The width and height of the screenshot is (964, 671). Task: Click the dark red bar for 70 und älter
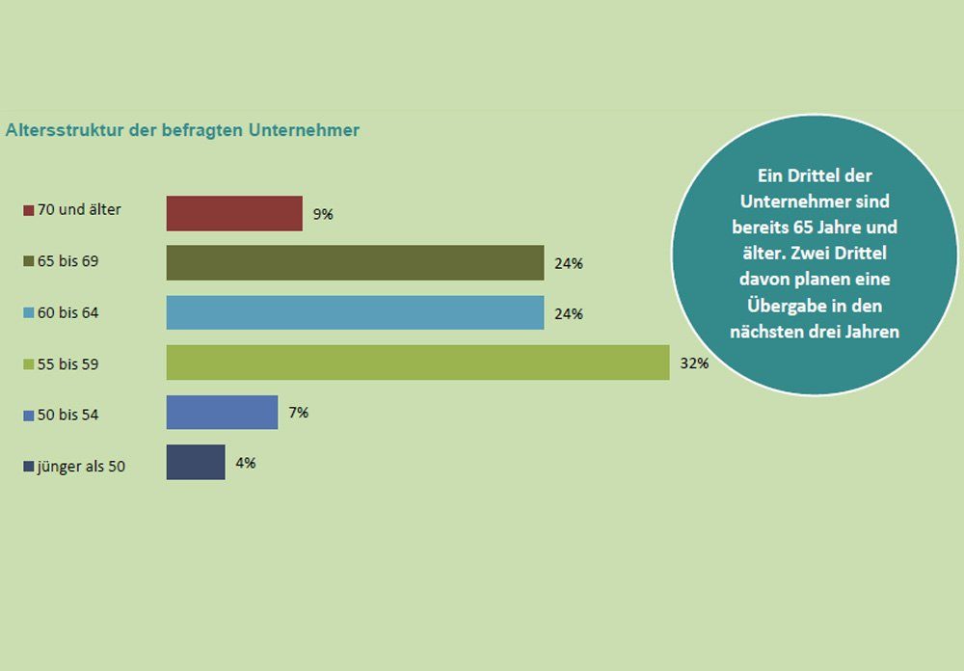(234, 213)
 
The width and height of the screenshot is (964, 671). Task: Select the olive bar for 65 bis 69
(355, 262)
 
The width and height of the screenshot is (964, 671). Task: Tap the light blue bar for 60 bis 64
(355, 312)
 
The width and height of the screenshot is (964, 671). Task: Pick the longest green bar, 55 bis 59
(417, 362)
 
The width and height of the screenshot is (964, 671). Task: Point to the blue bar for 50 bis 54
(222, 413)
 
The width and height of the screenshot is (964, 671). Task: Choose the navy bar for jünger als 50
(196, 463)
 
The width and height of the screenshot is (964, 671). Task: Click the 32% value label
(694, 363)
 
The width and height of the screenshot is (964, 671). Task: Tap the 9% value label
(323, 214)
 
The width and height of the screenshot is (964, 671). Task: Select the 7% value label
(298, 413)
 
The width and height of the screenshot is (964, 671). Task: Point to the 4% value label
(245, 463)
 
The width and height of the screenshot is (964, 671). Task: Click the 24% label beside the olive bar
(568, 263)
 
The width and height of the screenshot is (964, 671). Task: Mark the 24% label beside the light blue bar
(568, 313)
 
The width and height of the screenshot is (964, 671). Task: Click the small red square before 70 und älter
(29, 210)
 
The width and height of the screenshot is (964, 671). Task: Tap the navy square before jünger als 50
(29, 468)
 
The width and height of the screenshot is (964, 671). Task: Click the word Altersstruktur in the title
(64, 129)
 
